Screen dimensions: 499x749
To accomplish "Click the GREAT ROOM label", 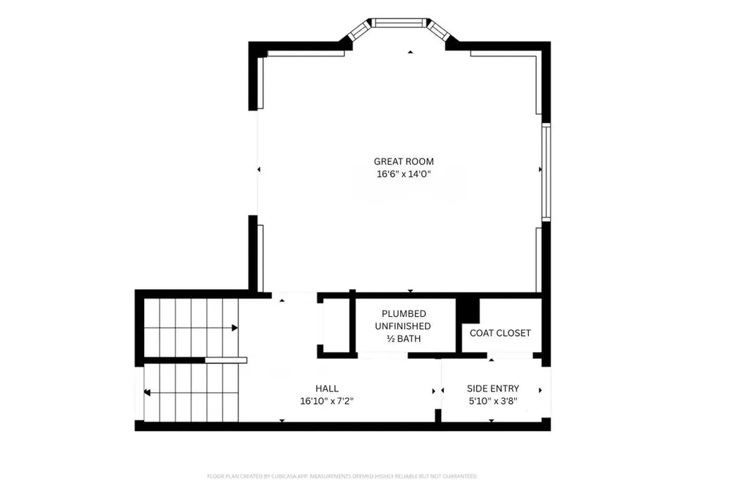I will point(404,162).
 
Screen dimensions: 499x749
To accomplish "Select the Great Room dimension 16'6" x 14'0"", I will point(404,175).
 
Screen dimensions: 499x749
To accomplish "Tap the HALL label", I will point(327,389).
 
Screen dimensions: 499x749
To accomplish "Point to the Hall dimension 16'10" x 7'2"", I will point(327,401).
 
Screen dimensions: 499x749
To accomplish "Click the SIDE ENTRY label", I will point(493,389).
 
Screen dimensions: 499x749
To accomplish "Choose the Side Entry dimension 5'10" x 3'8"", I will point(493,401).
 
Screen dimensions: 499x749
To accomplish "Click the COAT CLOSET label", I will point(500,333).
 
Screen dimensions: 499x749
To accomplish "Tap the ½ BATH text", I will point(404,339).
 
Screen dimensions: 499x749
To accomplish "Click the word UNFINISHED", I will point(403,326).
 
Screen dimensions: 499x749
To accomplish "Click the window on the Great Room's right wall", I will point(546,170).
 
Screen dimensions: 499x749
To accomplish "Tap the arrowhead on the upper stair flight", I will point(235,328).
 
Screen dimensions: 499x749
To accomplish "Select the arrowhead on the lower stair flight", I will point(147,393).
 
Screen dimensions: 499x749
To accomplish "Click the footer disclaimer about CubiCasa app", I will point(342,476).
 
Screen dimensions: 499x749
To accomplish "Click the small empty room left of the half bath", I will point(335,325).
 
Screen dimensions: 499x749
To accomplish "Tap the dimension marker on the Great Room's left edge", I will point(259,170).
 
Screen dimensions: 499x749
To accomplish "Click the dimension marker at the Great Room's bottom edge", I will point(410,290).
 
